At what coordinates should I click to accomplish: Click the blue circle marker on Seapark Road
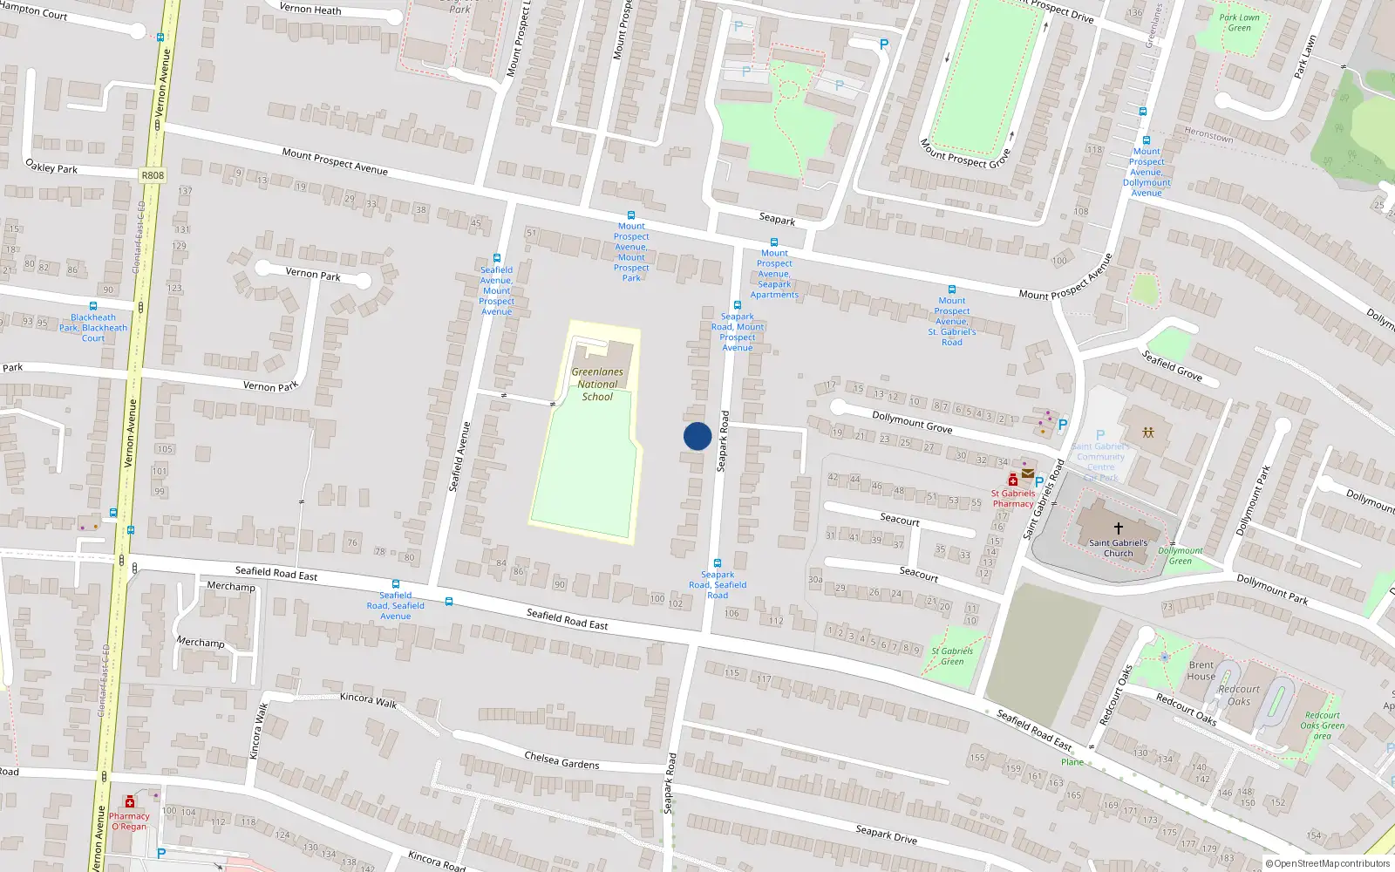[697, 436]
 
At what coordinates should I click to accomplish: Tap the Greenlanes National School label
[597, 384]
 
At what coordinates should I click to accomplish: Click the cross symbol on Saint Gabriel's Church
[1118, 528]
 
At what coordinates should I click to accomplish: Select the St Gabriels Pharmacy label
[1013, 498]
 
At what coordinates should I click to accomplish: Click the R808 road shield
[153, 175]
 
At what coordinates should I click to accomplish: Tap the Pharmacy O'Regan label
[129, 821]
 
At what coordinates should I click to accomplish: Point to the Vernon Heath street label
[310, 9]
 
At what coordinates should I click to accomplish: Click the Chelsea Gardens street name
[561, 760]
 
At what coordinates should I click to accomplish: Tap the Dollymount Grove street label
[912, 422]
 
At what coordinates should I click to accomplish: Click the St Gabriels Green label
[952, 656]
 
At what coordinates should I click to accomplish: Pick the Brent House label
[1201, 671]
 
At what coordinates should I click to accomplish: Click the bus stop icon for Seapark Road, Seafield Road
[718, 563]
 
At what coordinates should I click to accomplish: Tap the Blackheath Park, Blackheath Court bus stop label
[93, 328]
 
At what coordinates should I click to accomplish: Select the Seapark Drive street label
[886, 834]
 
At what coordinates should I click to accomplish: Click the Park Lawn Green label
[1239, 23]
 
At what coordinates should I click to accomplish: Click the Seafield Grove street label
[1172, 365]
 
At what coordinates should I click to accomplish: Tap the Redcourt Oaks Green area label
[1322, 726]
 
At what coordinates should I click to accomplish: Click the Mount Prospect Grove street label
[964, 153]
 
